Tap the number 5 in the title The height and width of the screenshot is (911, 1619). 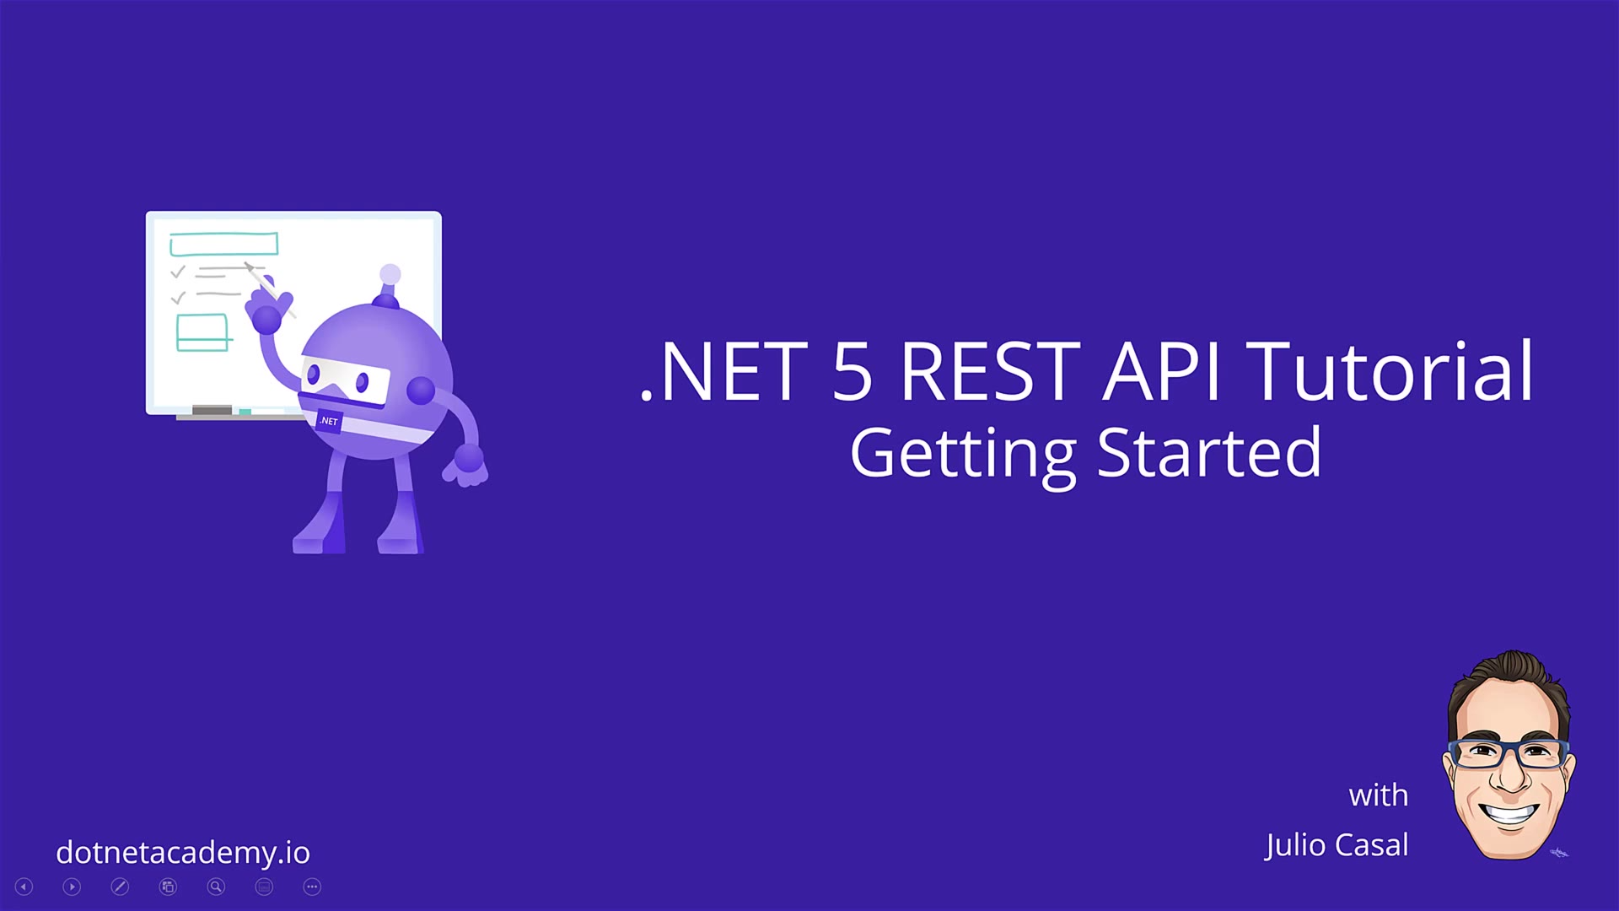[852, 372]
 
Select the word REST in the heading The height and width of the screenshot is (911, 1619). [990, 371]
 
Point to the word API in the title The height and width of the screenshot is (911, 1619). [1162, 371]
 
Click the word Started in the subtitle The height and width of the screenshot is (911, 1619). [1209, 452]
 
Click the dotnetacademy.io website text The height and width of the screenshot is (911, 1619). [183, 852]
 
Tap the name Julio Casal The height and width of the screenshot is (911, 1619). [1337, 845]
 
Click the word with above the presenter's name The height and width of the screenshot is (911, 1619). [1379, 795]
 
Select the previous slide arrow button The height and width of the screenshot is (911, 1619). [24, 887]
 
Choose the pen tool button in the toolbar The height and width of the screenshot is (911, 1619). [120, 887]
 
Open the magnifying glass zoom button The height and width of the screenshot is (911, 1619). [216, 887]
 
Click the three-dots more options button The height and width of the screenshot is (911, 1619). [312, 887]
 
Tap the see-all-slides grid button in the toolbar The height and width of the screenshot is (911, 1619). [168, 887]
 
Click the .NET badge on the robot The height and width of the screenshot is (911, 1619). [329, 421]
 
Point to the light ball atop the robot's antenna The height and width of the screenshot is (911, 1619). [390, 274]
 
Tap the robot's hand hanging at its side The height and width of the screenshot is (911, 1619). [465, 466]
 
